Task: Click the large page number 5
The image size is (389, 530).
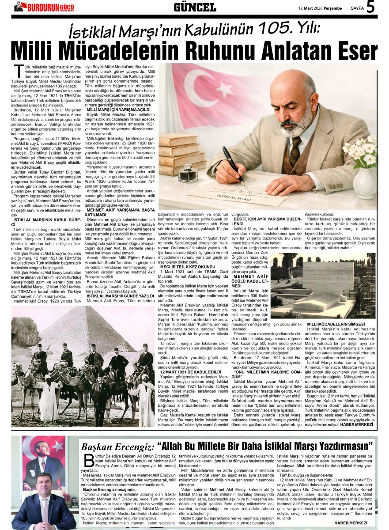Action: (x=370, y=7)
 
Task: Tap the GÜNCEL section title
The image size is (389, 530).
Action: (x=194, y=7)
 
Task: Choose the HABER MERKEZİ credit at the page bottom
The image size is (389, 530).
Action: (x=351, y=522)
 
